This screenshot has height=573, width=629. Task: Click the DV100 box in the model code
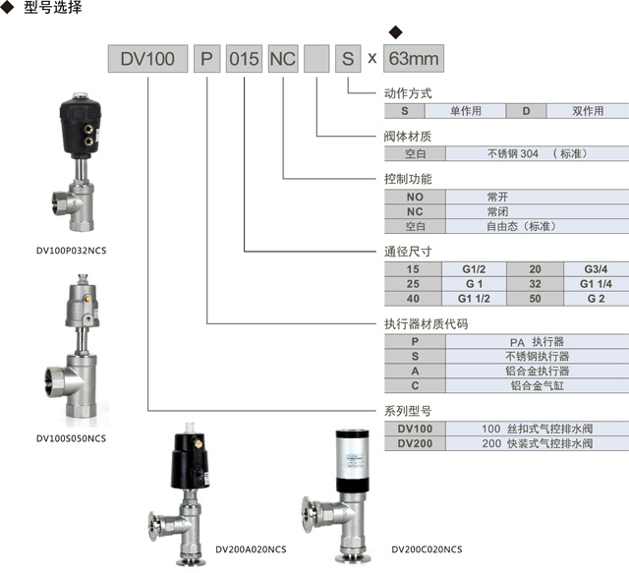click(x=147, y=59)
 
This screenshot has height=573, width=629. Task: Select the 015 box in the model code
click(x=244, y=59)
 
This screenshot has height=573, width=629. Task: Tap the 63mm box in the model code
click(x=412, y=59)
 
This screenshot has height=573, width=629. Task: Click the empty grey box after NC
click(x=316, y=59)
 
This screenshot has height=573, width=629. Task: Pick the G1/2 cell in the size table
click(x=475, y=269)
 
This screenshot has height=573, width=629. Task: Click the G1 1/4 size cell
click(x=596, y=283)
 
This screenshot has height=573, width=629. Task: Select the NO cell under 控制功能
click(x=414, y=197)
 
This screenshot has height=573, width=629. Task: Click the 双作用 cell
click(x=588, y=111)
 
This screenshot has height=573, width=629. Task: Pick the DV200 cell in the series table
click(x=414, y=443)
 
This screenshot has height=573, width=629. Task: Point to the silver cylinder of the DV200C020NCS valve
click(x=350, y=456)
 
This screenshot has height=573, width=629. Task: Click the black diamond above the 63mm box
click(x=396, y=32)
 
